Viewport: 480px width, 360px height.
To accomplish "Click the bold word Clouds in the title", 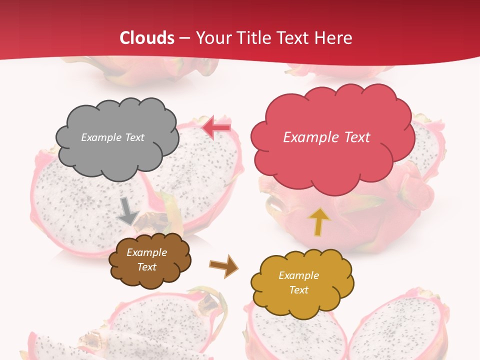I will [147, 38].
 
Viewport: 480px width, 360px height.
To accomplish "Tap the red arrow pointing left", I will [216, 127].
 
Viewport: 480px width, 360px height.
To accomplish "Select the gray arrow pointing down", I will [128, 210].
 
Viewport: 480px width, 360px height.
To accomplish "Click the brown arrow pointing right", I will [223, 265].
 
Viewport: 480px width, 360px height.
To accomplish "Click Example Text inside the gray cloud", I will [113, 137].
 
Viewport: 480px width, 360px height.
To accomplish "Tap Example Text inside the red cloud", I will [326, 137].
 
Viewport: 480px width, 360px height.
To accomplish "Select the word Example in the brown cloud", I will [147, 253].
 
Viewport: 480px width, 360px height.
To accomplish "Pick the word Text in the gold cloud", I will [298, 290].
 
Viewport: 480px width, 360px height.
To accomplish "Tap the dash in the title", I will [185, 38].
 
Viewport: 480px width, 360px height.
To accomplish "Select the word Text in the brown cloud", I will [147, 267].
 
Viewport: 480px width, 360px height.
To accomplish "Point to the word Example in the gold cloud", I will [298, 275].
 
